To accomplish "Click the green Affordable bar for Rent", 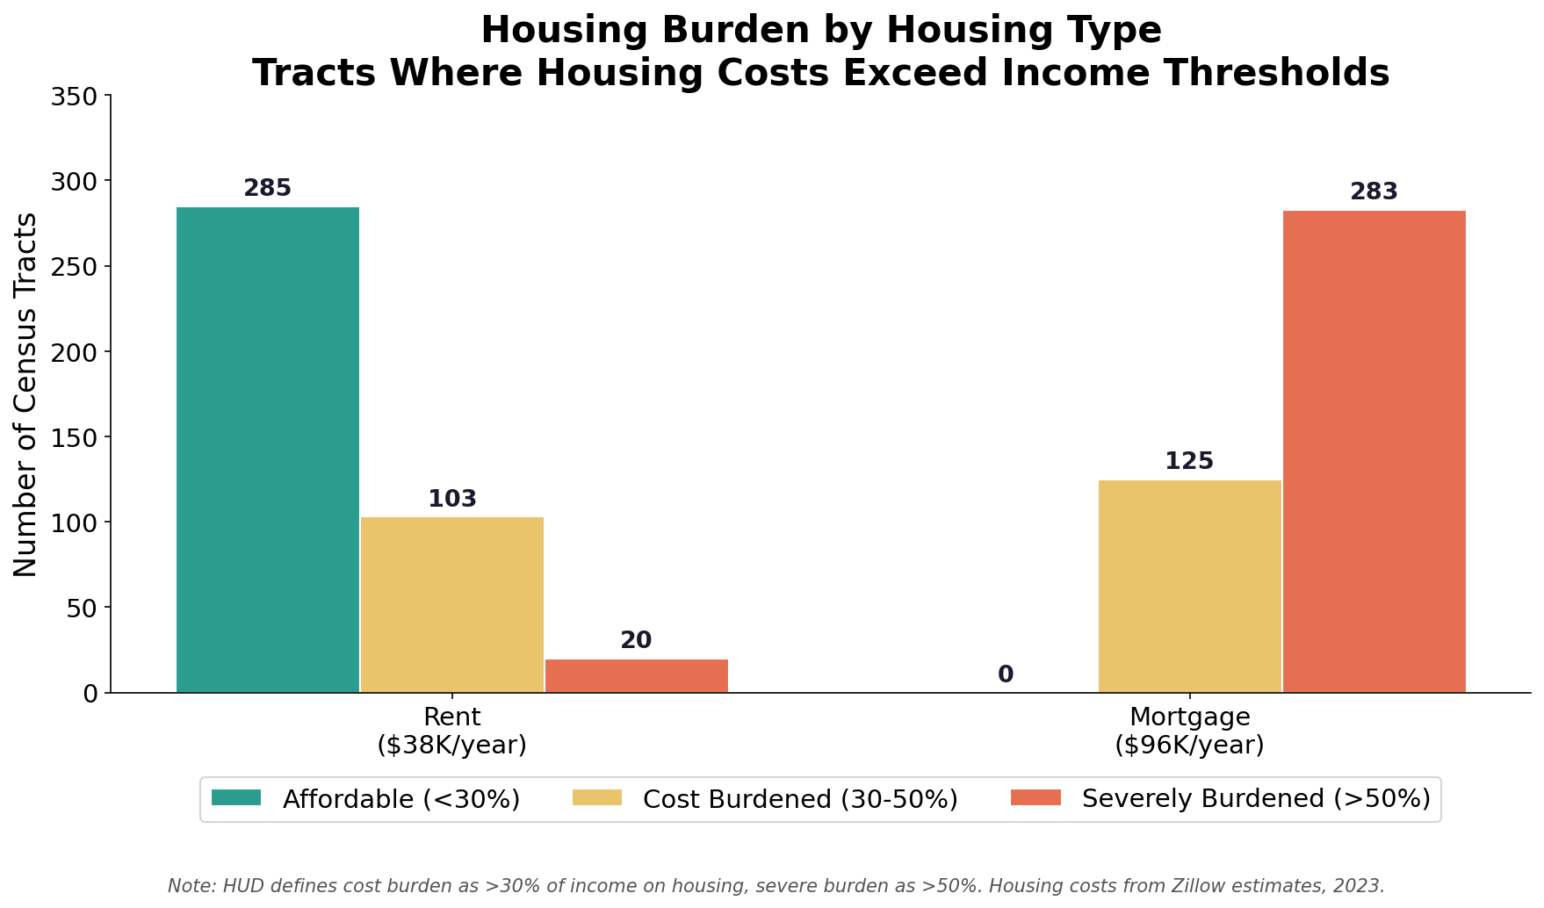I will [x=268, y=450].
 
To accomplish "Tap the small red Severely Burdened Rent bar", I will [x=637, y=676].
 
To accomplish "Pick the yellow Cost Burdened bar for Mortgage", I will [x=1189, y=586].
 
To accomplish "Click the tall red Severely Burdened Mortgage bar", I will [x=1374, y=451].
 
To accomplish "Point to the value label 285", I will [x=268, y=189].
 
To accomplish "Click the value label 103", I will [x=452, y=500].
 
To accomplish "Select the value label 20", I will [x=637, y=641].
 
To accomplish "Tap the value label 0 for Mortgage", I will [x=1006, y=675].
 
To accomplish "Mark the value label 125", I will [x=1189, y=462].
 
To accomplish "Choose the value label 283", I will [x=1374, y=192].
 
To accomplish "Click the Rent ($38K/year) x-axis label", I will [x=452, y=731].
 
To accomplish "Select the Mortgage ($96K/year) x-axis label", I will [x=1189, y=731].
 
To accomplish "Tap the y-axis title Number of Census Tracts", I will [x=26, y=394].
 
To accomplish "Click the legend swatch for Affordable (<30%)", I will [x=236, y=798].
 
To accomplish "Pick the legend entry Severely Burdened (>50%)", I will [x=1256, y=799].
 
